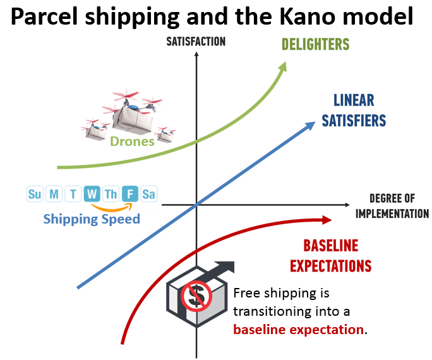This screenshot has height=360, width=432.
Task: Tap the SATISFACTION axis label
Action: (196, 42)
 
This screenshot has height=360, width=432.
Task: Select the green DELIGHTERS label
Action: (315, 44)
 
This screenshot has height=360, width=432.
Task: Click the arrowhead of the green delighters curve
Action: (283, 67)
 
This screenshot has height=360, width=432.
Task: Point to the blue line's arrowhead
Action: (311, 125)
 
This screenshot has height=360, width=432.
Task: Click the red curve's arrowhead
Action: (327, 220)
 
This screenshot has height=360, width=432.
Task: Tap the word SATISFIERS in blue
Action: (354, 121)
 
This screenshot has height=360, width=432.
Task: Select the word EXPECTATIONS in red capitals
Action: (331, 266)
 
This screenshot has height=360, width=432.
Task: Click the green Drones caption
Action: (132, 141)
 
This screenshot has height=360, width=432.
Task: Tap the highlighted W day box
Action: (92, 194)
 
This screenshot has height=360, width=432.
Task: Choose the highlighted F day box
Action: (130, 194)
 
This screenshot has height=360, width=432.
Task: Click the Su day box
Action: (35, 194)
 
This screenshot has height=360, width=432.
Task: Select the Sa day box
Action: (149, 194)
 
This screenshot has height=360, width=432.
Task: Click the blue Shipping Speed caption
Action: (92, 219)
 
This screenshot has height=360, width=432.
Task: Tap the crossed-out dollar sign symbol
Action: (196, 296)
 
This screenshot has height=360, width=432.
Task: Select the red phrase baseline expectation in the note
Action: (298, 330)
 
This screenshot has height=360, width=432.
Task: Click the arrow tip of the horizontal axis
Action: (349, 205)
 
